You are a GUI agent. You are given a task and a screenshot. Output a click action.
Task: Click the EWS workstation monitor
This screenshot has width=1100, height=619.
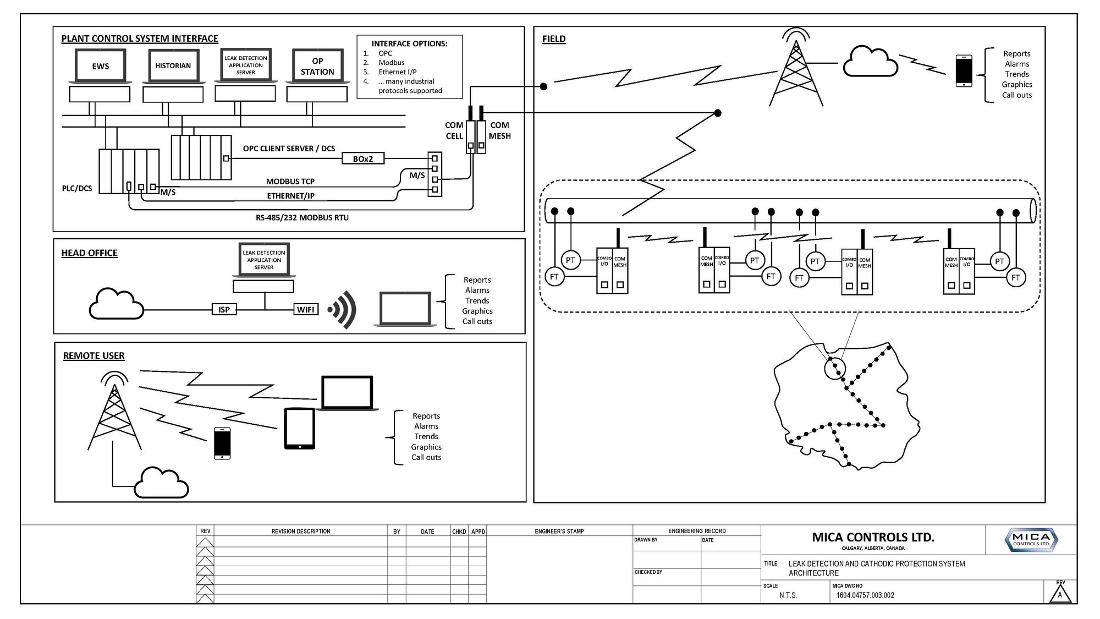click(100, 66)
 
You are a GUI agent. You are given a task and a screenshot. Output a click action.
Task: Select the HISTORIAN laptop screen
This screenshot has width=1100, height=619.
click(173, 66)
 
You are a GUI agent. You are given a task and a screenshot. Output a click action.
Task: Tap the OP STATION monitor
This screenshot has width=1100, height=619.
click(317, 66)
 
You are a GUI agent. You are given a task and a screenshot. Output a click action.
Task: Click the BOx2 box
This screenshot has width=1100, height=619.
click(362, 158)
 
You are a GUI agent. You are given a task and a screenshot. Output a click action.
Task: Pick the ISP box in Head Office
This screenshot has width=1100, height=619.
click(224, 309)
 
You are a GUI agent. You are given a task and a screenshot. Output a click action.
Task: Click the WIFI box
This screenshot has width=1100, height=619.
click(306, 309)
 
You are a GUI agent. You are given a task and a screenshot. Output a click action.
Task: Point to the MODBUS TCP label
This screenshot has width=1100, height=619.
click(290, 182)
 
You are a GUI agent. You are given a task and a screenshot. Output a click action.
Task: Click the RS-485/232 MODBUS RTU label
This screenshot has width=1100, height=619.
click(302, 217)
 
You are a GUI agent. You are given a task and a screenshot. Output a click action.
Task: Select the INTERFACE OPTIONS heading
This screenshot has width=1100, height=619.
click(409, 43)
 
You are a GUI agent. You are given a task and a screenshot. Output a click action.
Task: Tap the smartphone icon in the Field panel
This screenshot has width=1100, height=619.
click(964, 70)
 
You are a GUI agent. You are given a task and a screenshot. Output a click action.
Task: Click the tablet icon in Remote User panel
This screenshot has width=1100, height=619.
click(300, 429)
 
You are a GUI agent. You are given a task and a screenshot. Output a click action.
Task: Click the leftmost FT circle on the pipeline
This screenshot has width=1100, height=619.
click(554, 277)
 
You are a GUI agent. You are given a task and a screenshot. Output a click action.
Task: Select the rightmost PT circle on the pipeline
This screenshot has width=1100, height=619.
click(999, 261)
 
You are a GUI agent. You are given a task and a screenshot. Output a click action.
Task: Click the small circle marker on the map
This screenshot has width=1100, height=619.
click(835, 367)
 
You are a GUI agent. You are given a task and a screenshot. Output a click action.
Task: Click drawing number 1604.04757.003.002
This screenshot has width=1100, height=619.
click(865, 595)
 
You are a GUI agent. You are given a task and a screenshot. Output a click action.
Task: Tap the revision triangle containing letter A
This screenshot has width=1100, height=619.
click(1060, 594)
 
